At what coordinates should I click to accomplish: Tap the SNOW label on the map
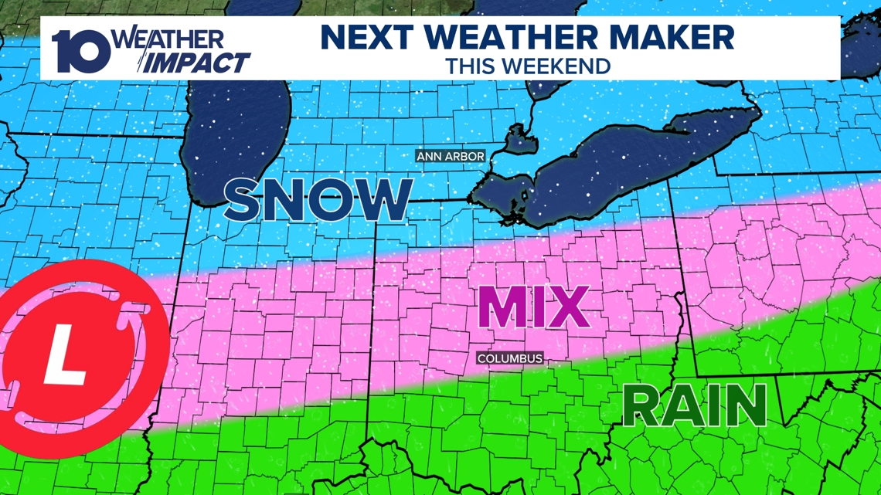click(318, 199)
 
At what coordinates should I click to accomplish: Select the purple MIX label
click(533, 307)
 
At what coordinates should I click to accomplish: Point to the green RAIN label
click(694, 406)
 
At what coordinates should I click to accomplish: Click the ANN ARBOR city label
click(451, 157)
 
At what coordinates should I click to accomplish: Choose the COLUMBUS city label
click(509, 359)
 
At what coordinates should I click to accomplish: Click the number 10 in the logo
click(81, 51)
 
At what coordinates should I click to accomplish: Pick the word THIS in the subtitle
click(467, 66)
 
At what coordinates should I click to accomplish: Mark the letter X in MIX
click(570, 307)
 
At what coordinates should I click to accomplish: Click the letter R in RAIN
click(641, 406)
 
